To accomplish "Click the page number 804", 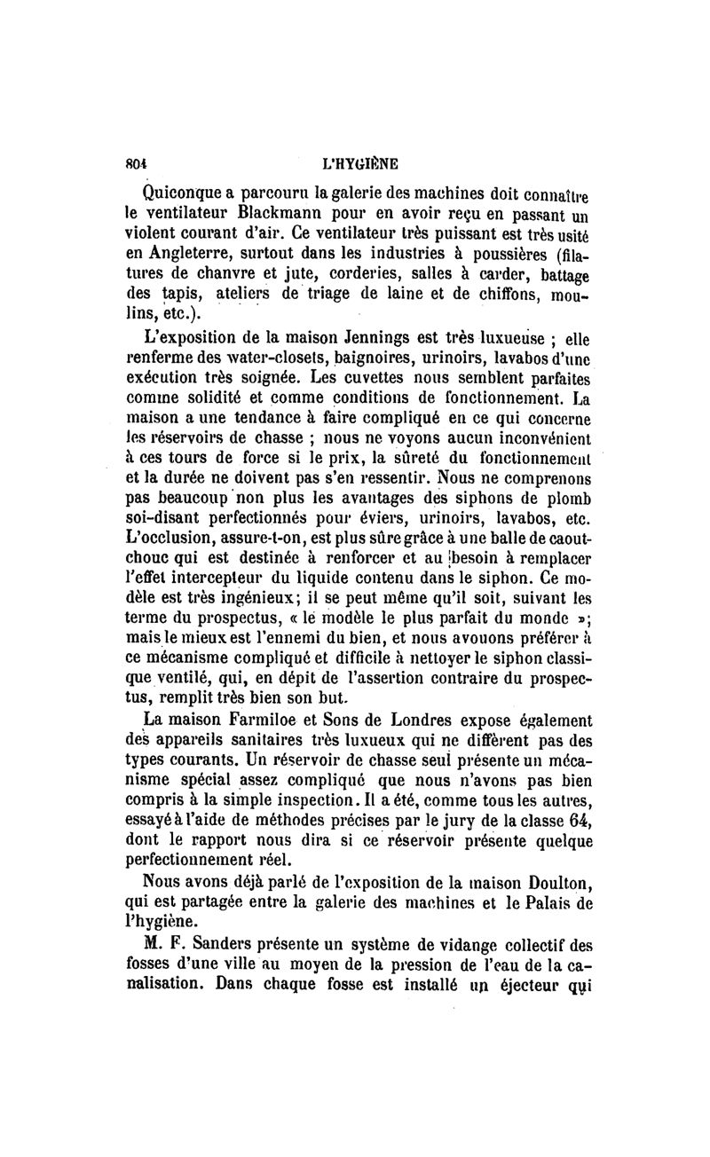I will [135, 163].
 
